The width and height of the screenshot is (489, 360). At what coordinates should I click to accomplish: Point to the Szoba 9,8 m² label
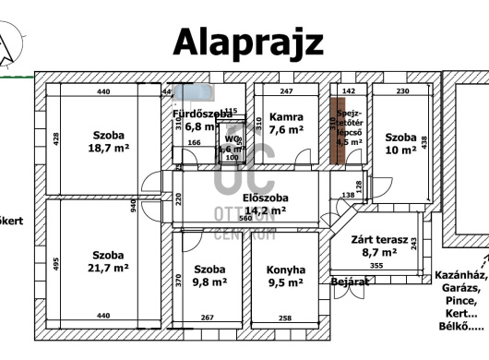(209, 276)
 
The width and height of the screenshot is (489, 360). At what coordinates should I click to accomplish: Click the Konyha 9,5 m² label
(286, 276)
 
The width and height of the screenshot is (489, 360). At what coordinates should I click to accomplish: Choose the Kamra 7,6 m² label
(286, 123)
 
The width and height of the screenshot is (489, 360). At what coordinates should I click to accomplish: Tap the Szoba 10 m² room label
(400, 143)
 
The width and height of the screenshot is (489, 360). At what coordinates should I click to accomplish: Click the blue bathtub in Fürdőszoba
(195, 91)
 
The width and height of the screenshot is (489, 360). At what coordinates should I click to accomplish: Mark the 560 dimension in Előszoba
(244, 219)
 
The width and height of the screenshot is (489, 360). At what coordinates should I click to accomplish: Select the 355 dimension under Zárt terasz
(376, 266)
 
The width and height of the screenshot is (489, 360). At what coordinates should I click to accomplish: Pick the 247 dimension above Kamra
(286, 91)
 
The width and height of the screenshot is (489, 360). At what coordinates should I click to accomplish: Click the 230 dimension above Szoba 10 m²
(402, 91)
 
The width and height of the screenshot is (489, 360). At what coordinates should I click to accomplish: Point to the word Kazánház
(459, 274)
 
